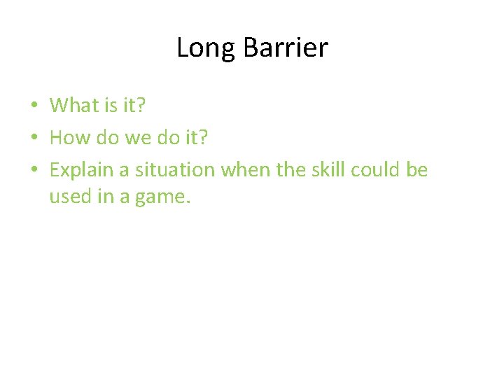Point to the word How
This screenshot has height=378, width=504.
(66, 137)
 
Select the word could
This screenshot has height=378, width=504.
(376, 169)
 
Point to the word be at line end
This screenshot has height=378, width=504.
(417, 169)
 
